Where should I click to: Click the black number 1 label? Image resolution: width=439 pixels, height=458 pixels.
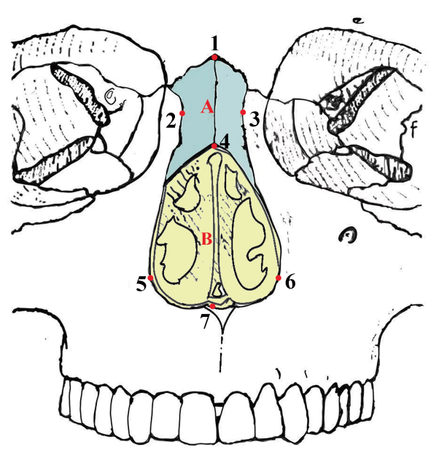click(215, 44)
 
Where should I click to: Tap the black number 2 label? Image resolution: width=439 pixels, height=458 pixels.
click(171, 121)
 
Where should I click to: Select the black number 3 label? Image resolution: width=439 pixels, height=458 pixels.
click(255, 119)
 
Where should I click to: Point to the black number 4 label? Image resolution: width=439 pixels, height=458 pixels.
click(225, 142)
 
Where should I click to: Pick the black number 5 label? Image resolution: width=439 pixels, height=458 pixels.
click(141, 284)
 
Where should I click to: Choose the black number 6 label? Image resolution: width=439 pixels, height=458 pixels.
click(290, 282)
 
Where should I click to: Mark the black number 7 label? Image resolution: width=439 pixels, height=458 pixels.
click(205, 321)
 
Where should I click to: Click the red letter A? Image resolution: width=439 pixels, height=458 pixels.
click(207, 107)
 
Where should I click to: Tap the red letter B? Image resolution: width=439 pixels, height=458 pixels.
click(206, 239)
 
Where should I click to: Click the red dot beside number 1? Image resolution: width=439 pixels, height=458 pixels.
click(214, 58)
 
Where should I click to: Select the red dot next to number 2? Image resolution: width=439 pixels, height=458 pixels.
click(182, 113)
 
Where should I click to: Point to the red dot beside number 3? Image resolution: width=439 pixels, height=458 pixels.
click(243, 112)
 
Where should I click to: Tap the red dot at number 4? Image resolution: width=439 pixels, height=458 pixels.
click(214, 146)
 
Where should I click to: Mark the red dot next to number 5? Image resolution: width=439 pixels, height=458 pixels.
click(150, 278)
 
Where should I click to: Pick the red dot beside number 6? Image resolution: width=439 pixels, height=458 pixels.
click(279, 278)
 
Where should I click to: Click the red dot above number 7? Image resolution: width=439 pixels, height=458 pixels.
click(213, 306)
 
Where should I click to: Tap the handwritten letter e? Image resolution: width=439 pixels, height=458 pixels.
click(359, 20)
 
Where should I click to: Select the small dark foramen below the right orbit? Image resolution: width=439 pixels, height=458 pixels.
click(349, 234)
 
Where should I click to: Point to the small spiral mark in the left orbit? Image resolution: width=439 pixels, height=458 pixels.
click(111, 96)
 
